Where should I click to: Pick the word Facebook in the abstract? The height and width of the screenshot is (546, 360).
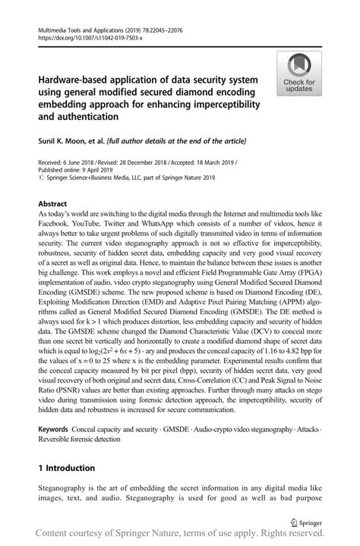(x=55, y=227)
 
